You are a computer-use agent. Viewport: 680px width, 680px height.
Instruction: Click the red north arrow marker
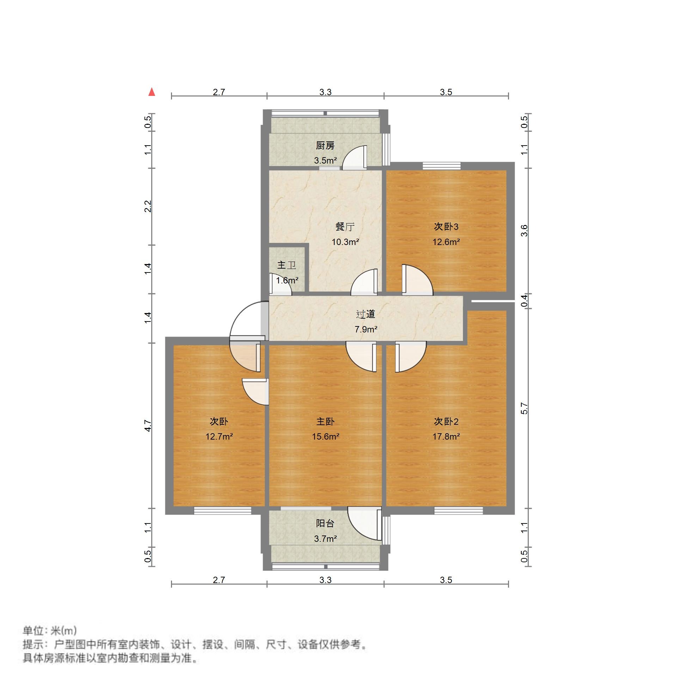click(152, 92)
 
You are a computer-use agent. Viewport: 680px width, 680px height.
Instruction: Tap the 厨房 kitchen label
click(325, 145)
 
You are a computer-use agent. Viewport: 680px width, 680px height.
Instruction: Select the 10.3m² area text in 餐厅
click(345, 242)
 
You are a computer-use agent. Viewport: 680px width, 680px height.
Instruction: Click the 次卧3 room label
click(446, 227)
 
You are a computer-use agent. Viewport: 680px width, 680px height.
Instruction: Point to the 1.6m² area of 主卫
click(287, 281)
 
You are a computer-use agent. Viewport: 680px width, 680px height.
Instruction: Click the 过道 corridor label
click(366, 314)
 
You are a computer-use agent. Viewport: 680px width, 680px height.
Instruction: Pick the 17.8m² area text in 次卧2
click(446, 437)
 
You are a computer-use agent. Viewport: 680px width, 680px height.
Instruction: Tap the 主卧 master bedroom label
click(325, 422)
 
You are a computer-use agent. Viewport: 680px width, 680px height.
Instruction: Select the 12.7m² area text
click(219, 437)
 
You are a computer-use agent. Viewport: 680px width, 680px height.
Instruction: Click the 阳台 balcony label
click(325, 523)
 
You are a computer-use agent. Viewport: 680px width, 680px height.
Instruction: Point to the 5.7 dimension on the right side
click(524, 408)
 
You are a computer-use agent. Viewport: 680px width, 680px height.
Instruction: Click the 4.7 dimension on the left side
click(148, 426)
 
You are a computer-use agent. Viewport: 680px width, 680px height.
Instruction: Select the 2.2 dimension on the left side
click(148, 206)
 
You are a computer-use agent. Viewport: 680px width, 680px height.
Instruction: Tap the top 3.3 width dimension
click(325, 92)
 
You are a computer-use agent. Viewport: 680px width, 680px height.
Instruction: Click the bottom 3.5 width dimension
click(446, 580)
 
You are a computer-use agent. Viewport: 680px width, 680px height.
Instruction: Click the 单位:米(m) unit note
click(49, 631)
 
